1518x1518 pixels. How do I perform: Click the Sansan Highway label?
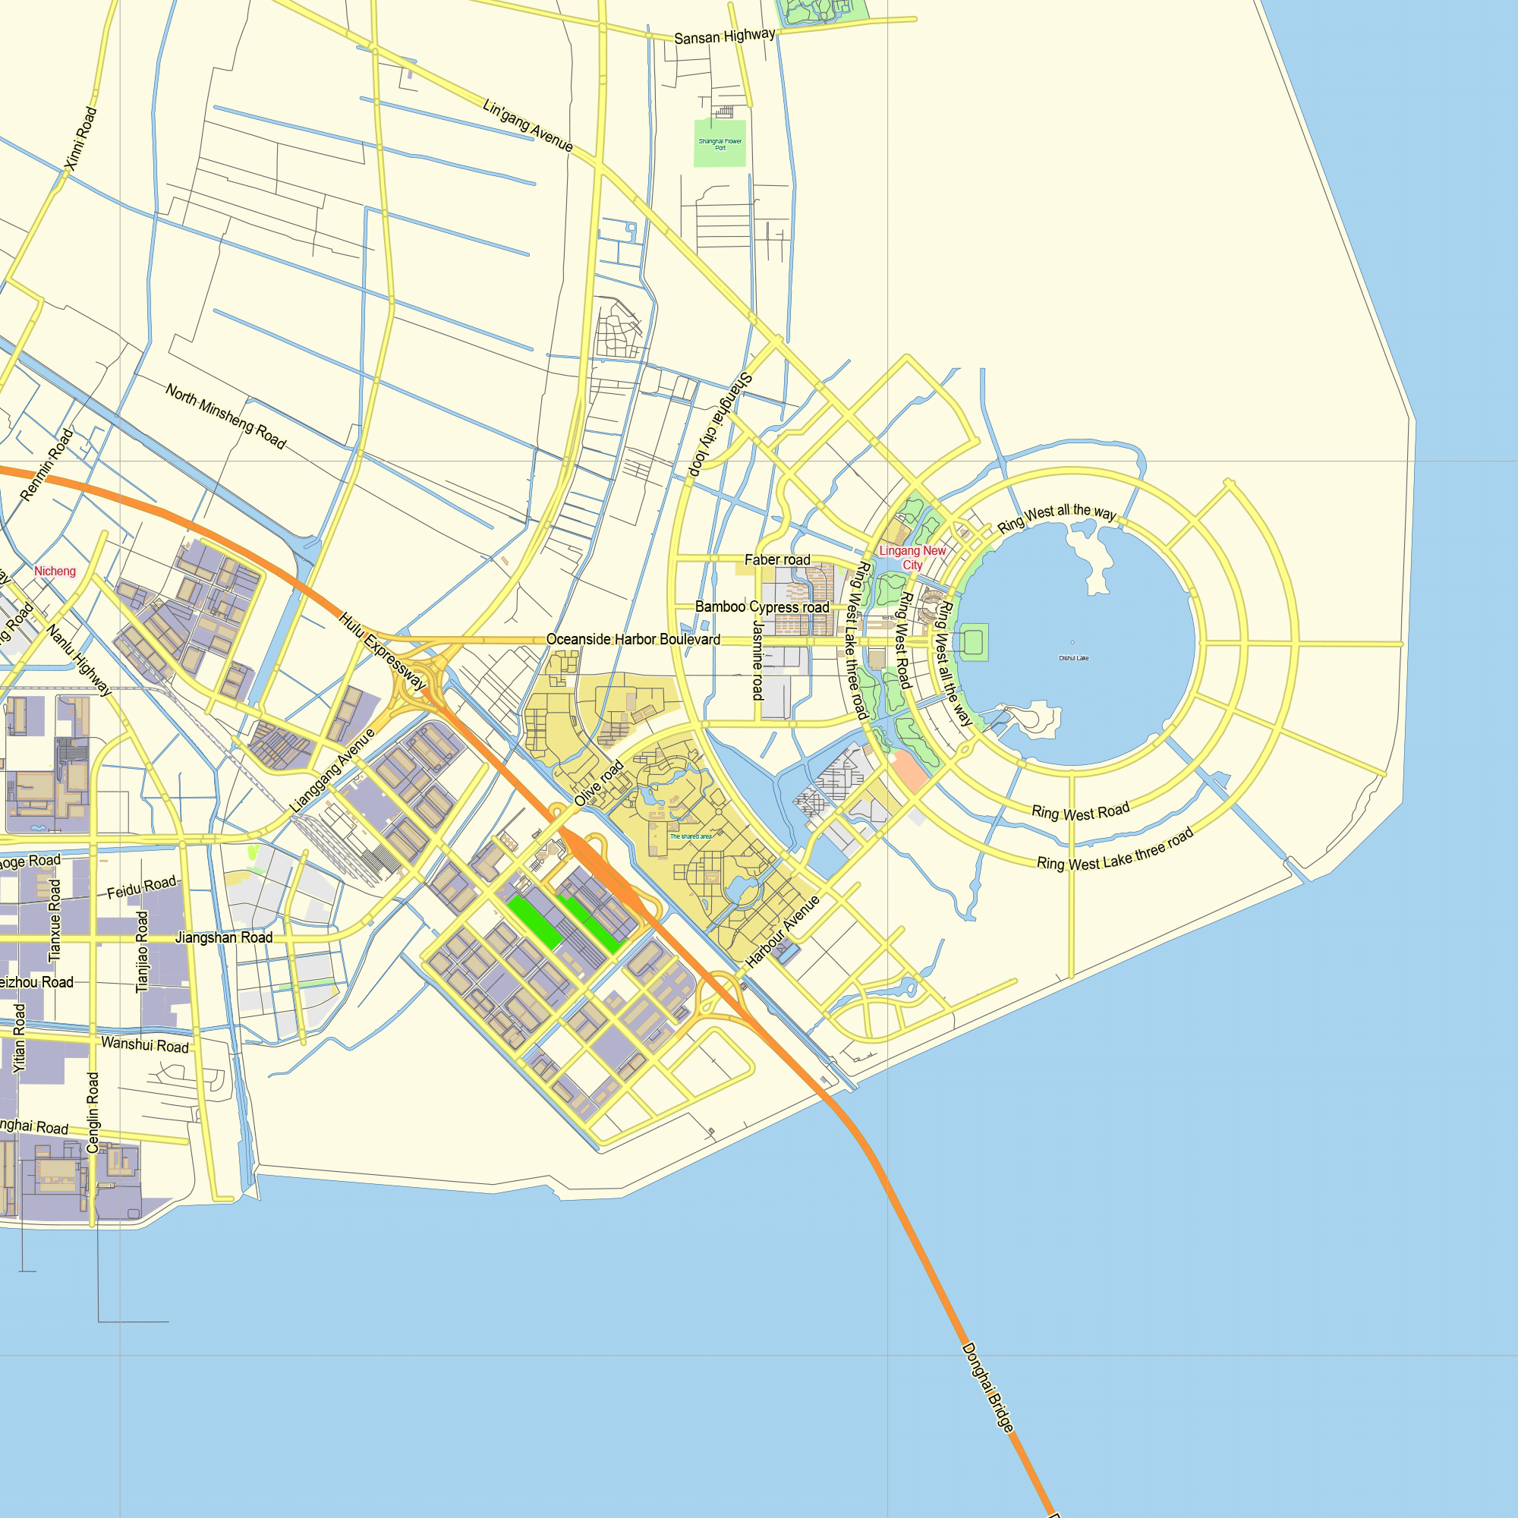[x=723, y=36]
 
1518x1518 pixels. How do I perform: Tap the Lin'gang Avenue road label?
[x=528, y=126]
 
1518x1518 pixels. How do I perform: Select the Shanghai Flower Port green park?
[x=720, y=143]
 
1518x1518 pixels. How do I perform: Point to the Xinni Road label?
[x=81, y=139]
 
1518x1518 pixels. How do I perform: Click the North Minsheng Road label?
[x=225, y=416]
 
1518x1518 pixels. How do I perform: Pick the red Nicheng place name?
[x=55, y=572]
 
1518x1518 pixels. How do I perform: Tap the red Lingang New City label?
[x=912, y=558]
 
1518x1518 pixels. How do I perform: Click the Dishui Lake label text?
[x=1073, y=658]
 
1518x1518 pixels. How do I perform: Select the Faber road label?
[x=777, y=560]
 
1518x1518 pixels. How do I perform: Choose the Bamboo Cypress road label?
[x=761, y=607]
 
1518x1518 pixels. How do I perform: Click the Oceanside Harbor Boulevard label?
[x=632, y=640]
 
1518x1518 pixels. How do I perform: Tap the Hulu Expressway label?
[x=382, y=652]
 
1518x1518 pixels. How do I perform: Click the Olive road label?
[x=599, y=783]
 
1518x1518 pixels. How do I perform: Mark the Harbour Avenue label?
[x=783, y=931]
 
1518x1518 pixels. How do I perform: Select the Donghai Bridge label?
[x=987, y=1387]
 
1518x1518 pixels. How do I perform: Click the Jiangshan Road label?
[x=224, y=937]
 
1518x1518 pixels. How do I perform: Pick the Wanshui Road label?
[x=146, y=1045]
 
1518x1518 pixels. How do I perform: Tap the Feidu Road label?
[x=141, y=888]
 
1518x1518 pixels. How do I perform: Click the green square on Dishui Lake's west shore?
[x=974, y=642]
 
